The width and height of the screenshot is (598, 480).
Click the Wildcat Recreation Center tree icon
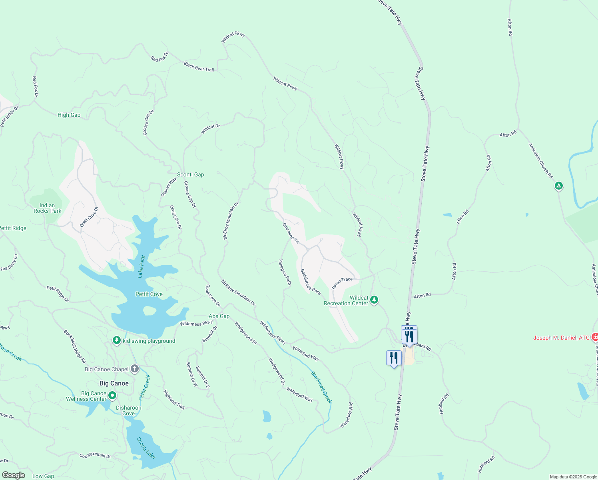374,300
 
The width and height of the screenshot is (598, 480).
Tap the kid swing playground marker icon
116,340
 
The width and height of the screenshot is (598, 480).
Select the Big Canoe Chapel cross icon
135,369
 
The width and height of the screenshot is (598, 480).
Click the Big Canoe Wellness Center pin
112,396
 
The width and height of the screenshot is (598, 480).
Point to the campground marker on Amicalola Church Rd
558,186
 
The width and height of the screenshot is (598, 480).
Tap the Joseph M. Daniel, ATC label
561,338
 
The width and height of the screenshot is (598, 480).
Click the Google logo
13,475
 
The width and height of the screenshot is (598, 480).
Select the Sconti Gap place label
190,174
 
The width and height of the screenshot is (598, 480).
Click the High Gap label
69,115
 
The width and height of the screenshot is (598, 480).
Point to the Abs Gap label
219,316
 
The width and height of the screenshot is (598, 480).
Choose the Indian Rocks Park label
47,208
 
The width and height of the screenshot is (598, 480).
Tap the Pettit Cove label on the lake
149,294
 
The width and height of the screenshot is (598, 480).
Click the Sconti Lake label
146,448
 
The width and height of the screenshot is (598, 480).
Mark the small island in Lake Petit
149,311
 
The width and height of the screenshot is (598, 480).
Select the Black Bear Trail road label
199,66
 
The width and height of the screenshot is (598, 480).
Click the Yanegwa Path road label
285,272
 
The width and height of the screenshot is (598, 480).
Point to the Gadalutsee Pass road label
311,282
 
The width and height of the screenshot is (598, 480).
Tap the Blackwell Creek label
321,387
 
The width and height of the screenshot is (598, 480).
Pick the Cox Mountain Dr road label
95,456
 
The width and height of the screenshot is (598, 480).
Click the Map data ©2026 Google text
573,477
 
